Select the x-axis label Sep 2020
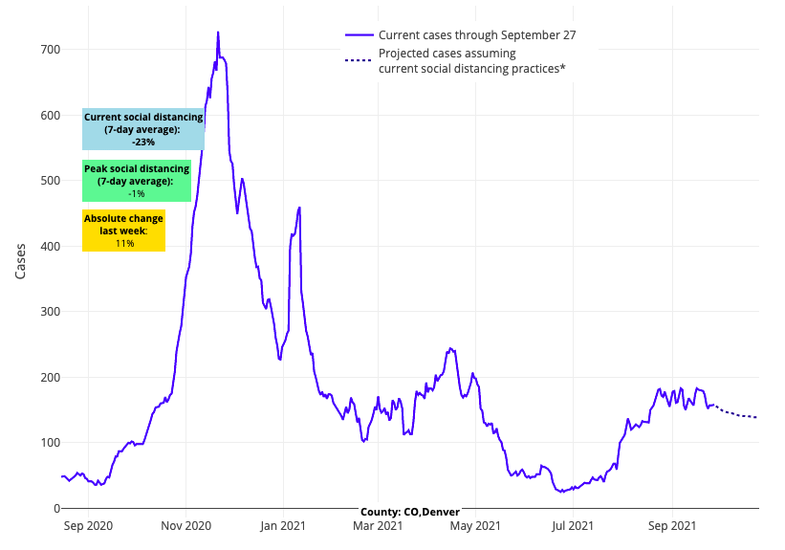click(87, 525)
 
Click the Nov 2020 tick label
click(185, 525)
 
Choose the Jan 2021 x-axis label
click(283, 525)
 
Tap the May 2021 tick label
click(475, 525)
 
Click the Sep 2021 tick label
click(671, 525)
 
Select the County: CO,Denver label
click(410, 512)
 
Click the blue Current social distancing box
click(143, 129)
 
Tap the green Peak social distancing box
click(137, 181)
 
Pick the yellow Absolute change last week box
click(123, 231)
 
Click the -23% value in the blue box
click(143, 142)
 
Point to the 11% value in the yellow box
click(124, 244)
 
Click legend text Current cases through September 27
click(476, 35)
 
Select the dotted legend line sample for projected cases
click(358, 60)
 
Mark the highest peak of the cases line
click(218, 33)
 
